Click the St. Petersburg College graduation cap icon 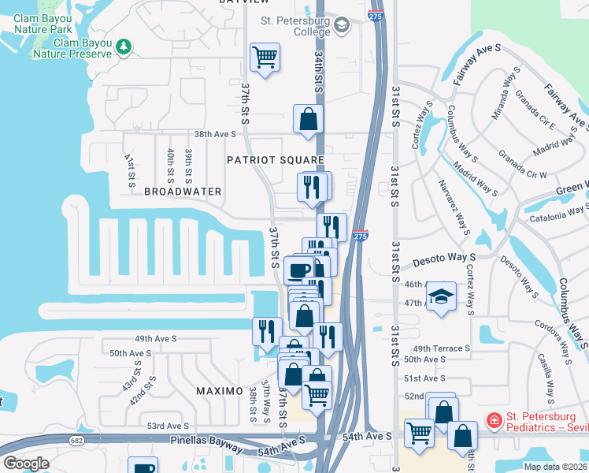[341, 26]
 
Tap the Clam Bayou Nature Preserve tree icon [123, 47]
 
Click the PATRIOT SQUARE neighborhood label [276, 160]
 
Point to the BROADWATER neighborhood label [183, 192]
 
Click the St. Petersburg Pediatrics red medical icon [495, 421]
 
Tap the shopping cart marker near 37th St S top [265, 58]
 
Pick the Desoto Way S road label [446, 258]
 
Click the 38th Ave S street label [216, 134]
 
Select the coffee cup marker [298, 270]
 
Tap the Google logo [26, 464]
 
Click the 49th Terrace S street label [441, 348]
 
